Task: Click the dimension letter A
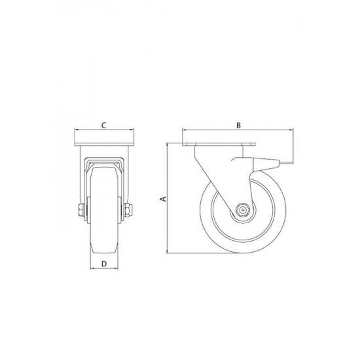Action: click(x=164, y=196)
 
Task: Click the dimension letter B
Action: click(x=238, y=124)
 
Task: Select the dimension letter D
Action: click(x=104, y=264)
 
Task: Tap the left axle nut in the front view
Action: click(x=81, y=211)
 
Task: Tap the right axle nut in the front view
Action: click(x=128, y=211)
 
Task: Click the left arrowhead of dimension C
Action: click(x=77, y=130)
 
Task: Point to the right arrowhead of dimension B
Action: click(x=291, y=130)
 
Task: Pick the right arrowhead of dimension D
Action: click(x=118, y=270)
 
